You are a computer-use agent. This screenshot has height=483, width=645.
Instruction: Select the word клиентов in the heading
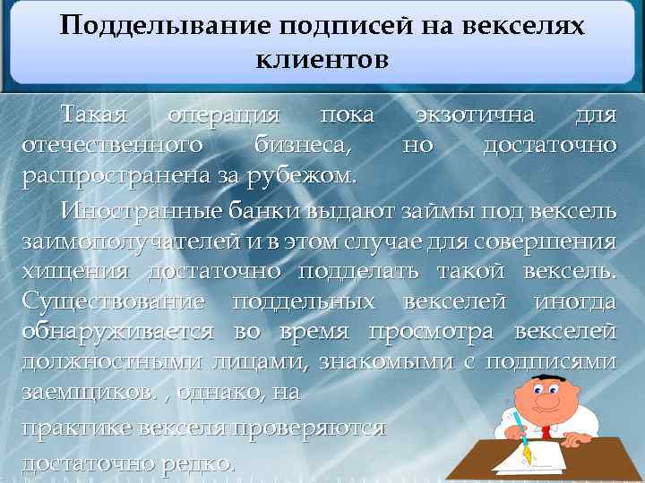click(322, 60)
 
